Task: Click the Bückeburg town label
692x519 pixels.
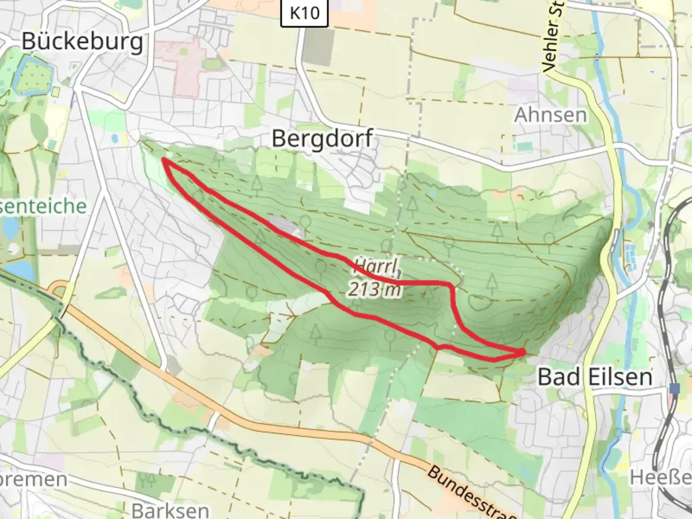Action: tap(82, 42)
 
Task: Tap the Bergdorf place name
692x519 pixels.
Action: tap(322, 139)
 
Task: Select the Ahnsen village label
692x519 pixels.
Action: tap(551, 115)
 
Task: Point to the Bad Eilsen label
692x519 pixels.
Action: tap(595, 377)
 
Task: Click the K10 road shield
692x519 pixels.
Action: tap(305, 12)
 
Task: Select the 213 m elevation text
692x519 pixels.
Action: tap(374, 290)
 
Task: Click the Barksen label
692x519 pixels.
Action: tap(171, 509)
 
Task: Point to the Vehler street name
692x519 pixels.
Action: tap(555, 38)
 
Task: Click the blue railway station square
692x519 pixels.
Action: tap(676, 388)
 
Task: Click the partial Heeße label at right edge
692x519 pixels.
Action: tap(661, 477)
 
